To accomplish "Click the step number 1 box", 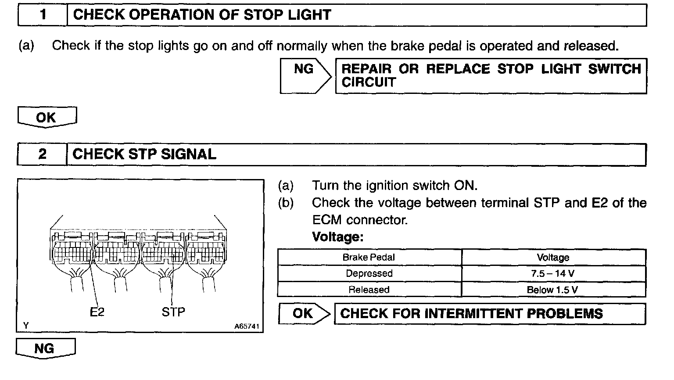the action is pos(43,15).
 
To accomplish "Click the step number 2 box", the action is pos(42,154).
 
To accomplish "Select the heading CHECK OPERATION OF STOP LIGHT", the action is pos(202,15).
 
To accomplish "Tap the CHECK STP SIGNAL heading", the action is pos(144,154).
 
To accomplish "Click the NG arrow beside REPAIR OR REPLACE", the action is pos(305,75).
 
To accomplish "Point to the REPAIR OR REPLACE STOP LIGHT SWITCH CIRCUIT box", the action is pos(491,75).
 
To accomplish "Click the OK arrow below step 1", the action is pos(47,117).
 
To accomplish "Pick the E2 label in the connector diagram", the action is pos(97,312).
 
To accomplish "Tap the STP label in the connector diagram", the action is pos(173,312).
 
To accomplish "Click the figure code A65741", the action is pos(247,326).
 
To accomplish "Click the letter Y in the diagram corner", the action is pos(26,326).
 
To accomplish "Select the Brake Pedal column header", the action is pos(369,258).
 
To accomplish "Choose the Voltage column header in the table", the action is pos(553,258).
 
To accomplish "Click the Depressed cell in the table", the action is pos(369,274).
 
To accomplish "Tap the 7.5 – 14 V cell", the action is pos(553,274).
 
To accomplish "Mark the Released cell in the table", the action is pos(369,290).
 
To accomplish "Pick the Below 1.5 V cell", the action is pos(553,290).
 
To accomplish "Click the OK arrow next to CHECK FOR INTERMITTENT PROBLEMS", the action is pos(304,314).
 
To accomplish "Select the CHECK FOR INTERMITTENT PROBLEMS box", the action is pos(490,314).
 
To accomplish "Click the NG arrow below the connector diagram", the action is pos(45,348).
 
